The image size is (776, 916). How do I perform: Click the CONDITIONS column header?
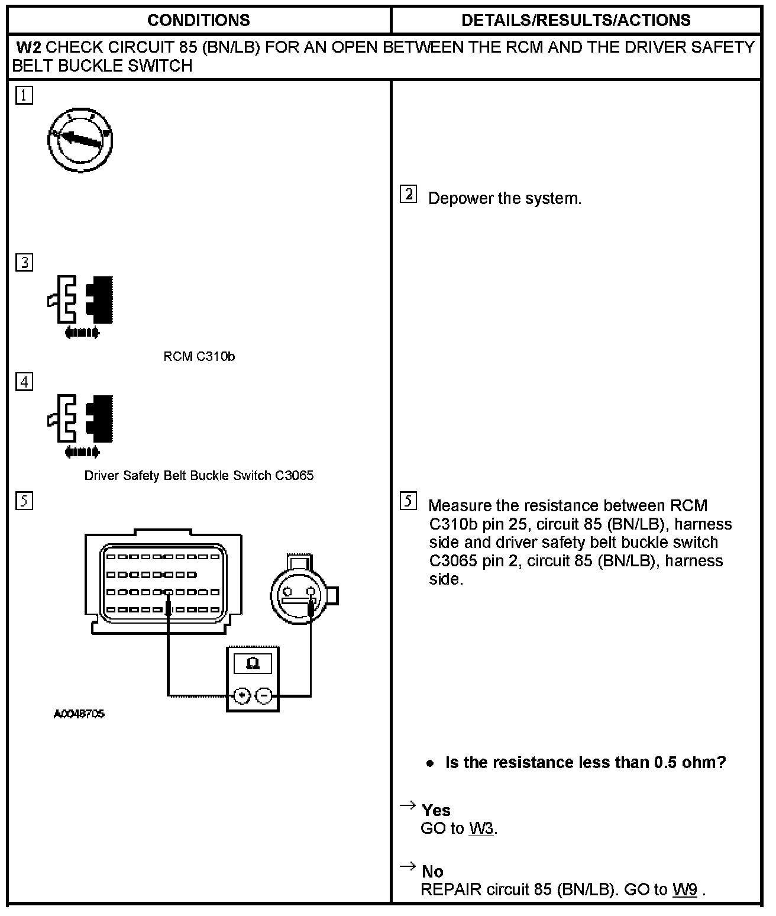click(198, 21)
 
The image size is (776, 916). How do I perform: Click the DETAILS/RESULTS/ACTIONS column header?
click(575, 21)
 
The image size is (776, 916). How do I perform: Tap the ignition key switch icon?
click(80, 140)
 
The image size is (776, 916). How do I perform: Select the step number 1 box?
click(24, 96)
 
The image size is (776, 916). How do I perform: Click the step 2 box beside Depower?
click(408, 194)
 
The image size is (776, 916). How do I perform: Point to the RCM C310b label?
click(199, 356)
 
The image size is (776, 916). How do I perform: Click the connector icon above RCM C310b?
click(81, 305)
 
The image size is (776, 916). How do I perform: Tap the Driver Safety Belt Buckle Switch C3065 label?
click(199, 476)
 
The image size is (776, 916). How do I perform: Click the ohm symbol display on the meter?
click(253, 663)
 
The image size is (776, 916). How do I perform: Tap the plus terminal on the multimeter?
click(241, 695)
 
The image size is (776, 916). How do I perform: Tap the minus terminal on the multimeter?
click(264, 695)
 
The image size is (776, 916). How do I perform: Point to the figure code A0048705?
click(79, 714)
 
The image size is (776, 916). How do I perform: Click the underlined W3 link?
click(481, 828)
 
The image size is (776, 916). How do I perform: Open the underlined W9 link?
click(684, 889)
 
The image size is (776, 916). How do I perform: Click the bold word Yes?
click(436, 810)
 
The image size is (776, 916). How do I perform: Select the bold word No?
click(432, 871)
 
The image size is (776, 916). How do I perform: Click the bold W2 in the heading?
click(28, 47)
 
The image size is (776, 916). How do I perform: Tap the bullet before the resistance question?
click(430, 763)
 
